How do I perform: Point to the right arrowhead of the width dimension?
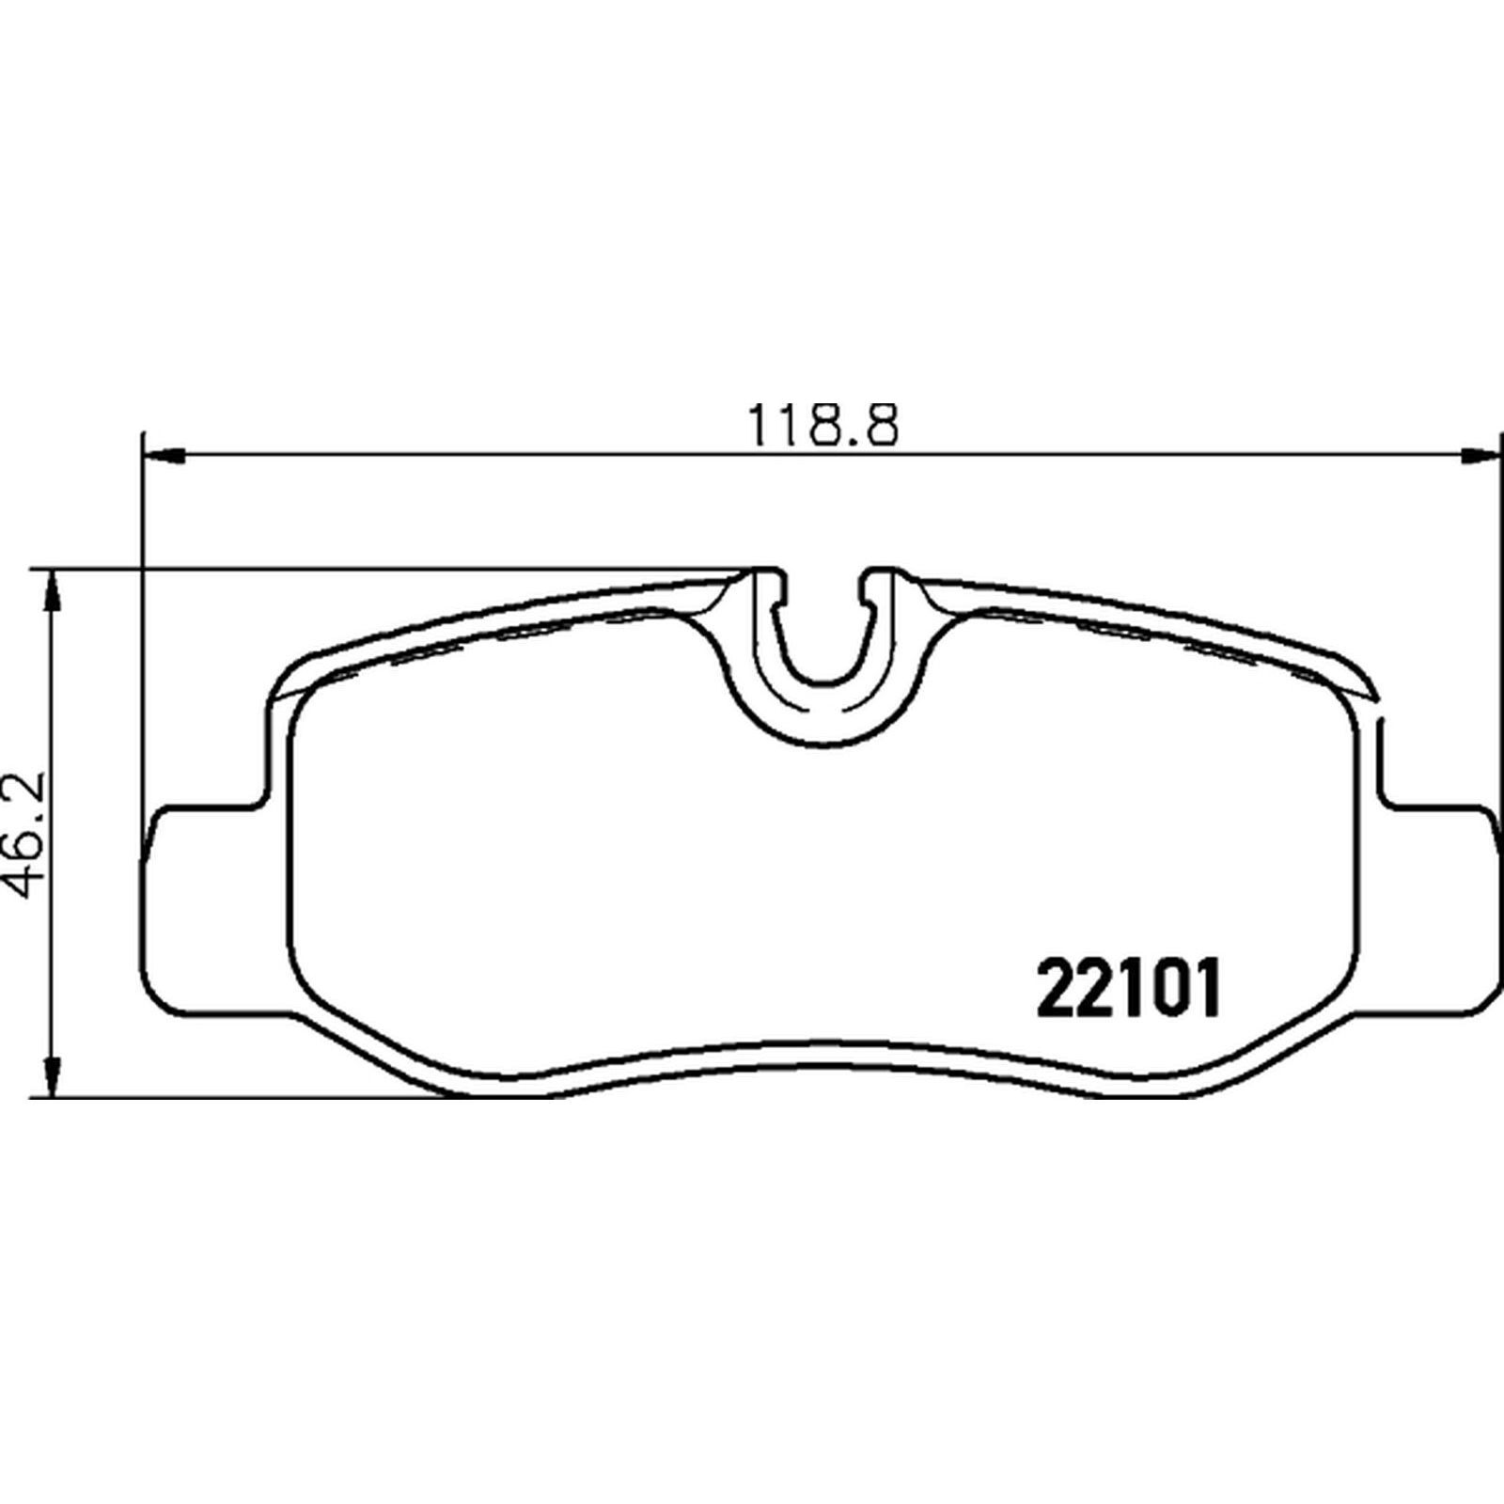pos(1479,456)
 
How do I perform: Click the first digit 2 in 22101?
pos(1056,987)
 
